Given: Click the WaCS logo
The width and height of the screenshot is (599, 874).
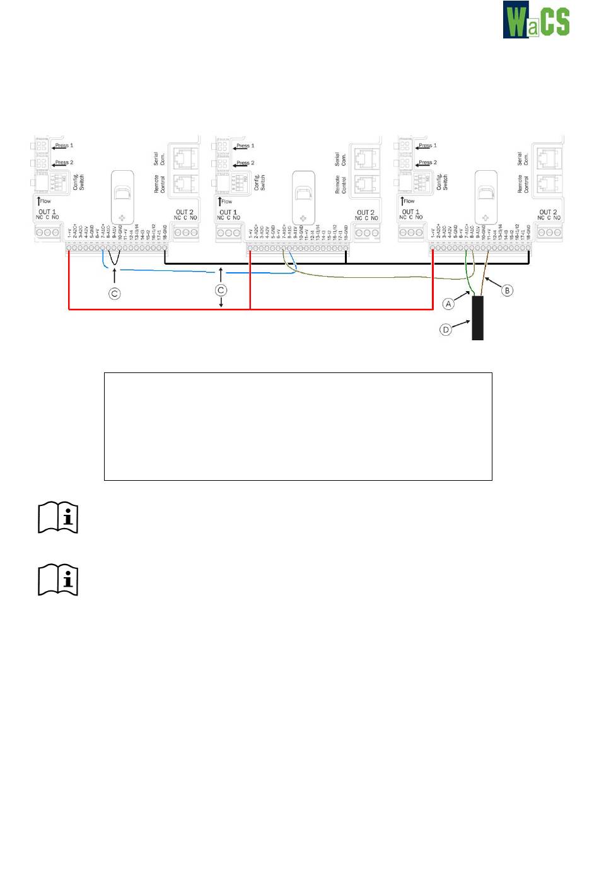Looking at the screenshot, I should pos(536,20).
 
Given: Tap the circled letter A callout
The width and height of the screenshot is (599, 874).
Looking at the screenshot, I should pos(448,304).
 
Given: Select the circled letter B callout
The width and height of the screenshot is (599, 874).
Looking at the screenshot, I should pos(507,290).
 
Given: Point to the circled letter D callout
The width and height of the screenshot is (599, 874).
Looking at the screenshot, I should pos(446,329).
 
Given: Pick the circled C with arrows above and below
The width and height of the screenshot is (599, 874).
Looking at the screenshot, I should pos(221,290).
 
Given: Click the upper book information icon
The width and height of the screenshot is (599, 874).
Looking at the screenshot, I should pos(58,518).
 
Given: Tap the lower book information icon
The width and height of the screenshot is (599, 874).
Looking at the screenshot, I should pos(58,580).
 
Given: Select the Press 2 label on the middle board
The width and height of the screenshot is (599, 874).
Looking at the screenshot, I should pos(245,163).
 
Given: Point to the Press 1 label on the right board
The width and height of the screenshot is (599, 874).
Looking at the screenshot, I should pos(427,146).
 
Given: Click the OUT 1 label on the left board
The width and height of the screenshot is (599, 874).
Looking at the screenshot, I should pos(47,212).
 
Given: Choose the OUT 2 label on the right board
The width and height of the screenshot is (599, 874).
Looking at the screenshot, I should pos(548,212).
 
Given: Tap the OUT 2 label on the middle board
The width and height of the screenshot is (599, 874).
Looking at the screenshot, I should pos(366,212).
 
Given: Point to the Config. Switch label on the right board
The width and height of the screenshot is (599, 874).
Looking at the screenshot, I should pos(442,182).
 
